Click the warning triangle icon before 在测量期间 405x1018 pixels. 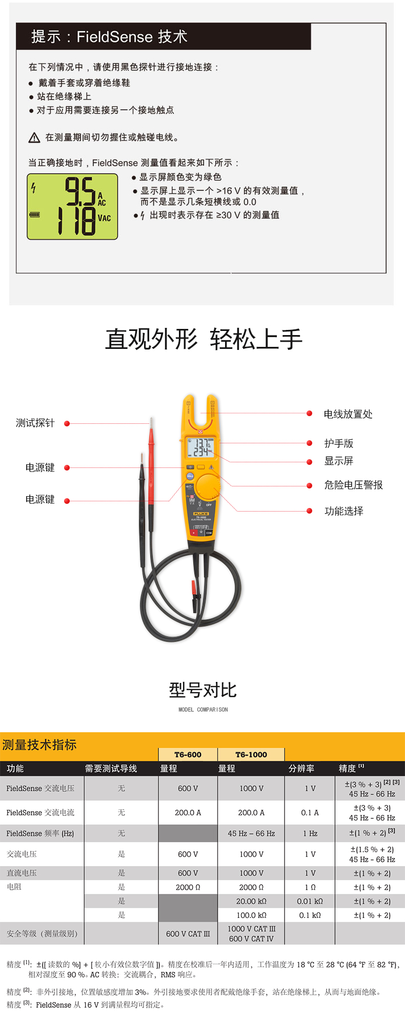pos(34,138)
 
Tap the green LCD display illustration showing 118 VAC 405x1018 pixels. pos(72,206)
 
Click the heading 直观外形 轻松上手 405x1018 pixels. pos(204,339)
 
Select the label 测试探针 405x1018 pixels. pos(35,423)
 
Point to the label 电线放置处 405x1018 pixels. pos(348,414)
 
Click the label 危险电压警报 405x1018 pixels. pos(353,485)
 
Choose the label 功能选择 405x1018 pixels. pos(343,511)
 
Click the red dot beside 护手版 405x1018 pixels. pos(310,443)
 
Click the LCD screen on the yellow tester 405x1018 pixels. pos(200,447)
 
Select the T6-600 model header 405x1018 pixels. pos(188,755)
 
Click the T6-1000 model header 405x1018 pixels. pos(251,755)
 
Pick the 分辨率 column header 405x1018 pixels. pos(301,769)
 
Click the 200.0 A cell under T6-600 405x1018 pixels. pos(188,813)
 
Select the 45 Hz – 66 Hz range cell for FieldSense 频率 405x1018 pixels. pos(251,834)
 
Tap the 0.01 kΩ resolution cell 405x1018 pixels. pos(310,902)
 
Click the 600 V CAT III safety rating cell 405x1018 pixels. pos(188,934)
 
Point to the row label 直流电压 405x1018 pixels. pos(22,873)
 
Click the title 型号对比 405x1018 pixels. pos(203,690)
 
